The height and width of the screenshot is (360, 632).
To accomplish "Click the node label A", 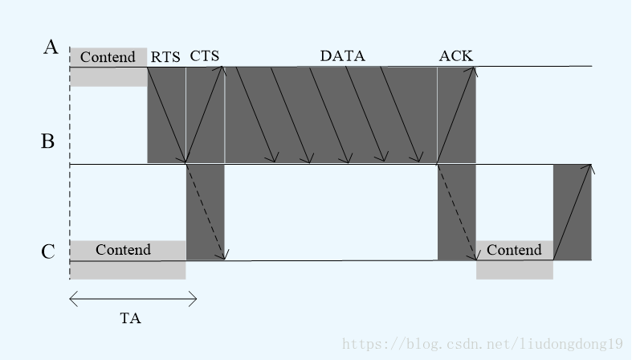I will click(51, 47).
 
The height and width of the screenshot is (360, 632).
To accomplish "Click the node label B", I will click(48, 142).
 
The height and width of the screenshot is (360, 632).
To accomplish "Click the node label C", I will click(48, 252).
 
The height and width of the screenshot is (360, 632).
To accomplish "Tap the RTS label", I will click(165, 56).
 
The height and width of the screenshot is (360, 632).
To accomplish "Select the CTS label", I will click(205, 55).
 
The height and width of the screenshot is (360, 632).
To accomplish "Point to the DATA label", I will click(342, 55).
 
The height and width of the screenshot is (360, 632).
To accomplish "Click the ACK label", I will click(455, 55).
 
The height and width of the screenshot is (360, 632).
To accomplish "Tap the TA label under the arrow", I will click(130, 318).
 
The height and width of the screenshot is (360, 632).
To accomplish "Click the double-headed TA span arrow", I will click(133, 300).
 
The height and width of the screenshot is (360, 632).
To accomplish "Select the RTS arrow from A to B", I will click(167, 115).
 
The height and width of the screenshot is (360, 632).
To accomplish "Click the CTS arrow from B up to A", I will click(206, 115).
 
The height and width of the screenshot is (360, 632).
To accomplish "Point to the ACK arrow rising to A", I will click(457, 115).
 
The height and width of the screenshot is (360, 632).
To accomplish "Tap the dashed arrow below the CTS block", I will click(206, 212).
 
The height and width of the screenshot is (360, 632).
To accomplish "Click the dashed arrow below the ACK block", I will click(457, 212).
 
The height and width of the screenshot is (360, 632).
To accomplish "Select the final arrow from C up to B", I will click(573, 212).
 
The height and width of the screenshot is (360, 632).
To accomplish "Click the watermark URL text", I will click(483, 343).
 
